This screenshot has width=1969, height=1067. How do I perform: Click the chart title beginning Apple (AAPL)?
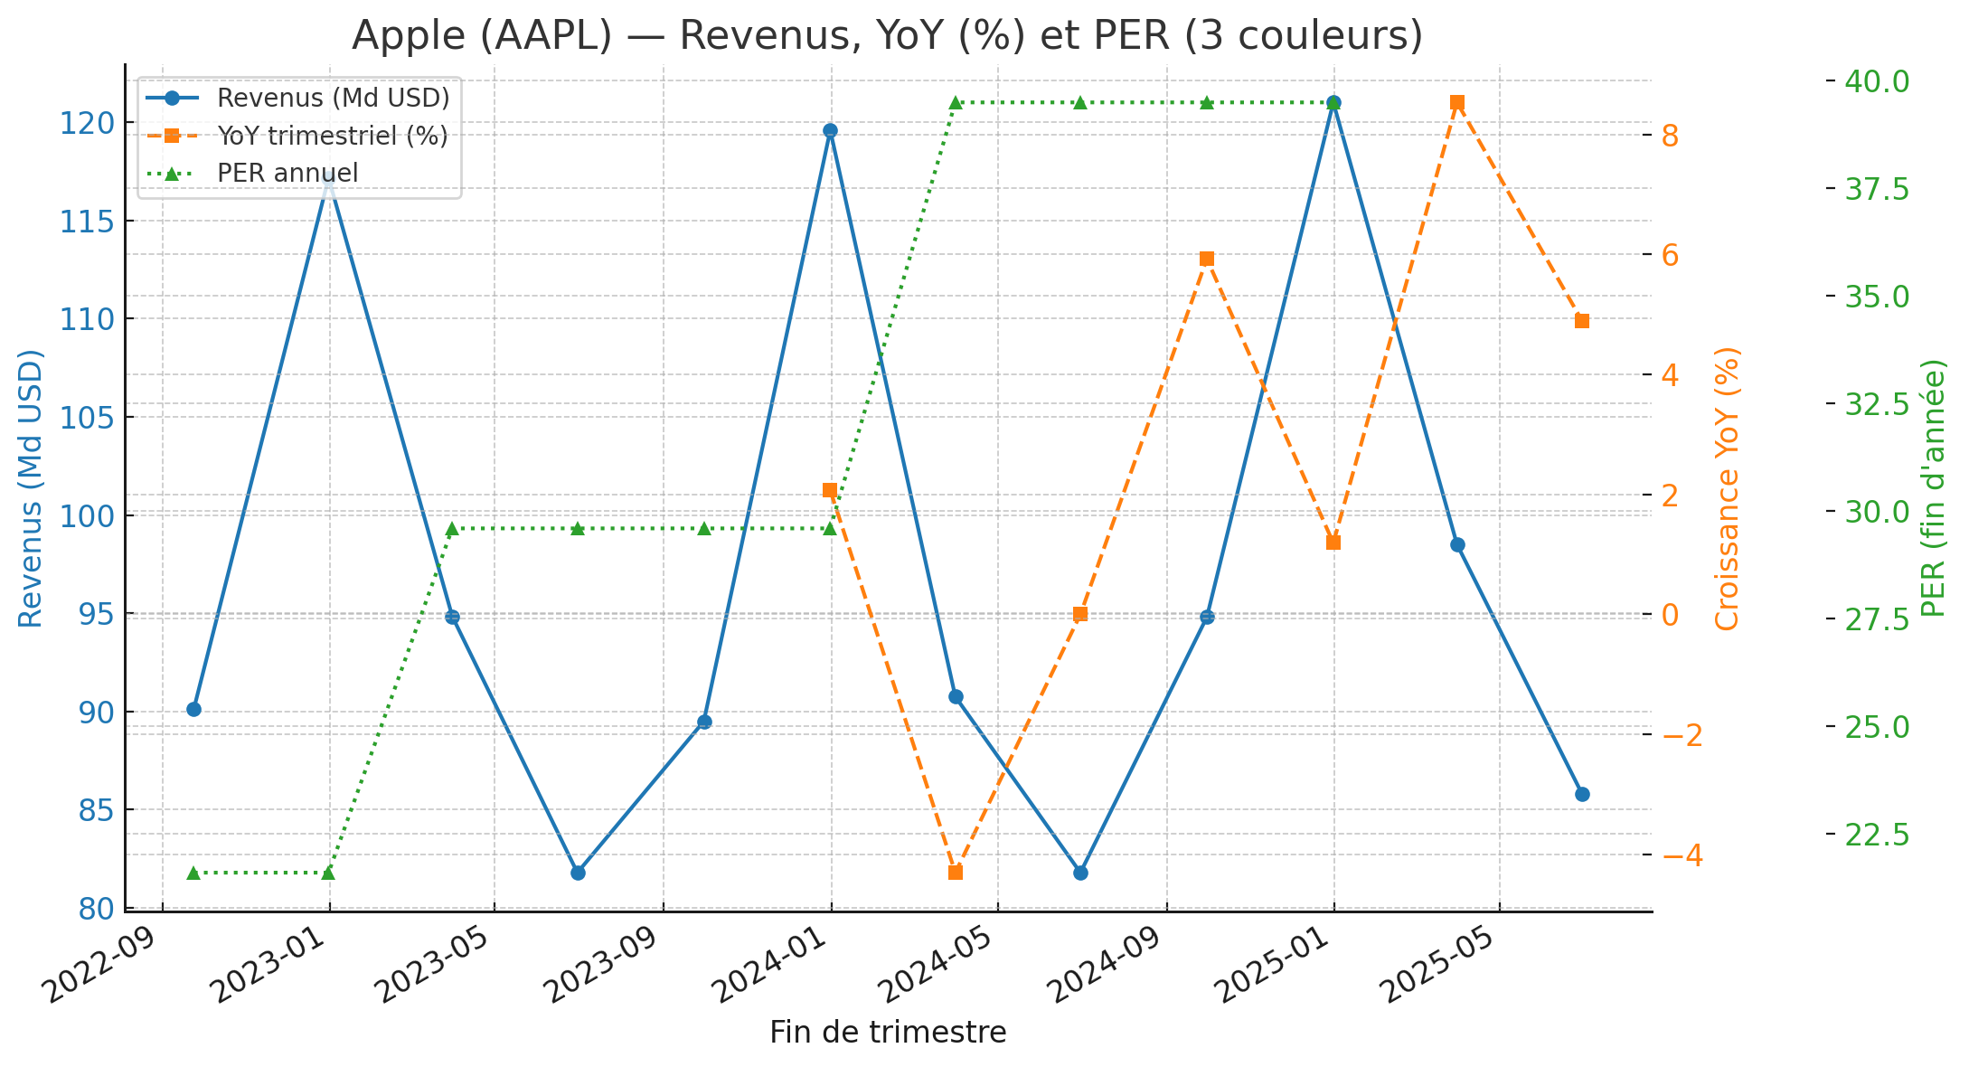[887, 36]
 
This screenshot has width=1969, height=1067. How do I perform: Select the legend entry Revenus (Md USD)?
[333, 97]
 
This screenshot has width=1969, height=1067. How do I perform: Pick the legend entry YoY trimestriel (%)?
[332, 136]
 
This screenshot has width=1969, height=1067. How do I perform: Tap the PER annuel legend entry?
[287, 173]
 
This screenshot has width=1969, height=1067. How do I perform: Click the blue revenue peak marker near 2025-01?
[1333, 103]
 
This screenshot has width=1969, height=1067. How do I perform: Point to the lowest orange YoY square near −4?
[956, 873]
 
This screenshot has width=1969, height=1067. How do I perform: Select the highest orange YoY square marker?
[1457, 103]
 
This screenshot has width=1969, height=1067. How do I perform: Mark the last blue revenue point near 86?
[1582, 794]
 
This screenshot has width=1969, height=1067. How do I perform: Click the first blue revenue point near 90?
[193, 709]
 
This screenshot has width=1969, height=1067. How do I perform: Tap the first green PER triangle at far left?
[193, 873]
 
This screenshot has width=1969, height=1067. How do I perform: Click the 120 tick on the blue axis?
[86, 123]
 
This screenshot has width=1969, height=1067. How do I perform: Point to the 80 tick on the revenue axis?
[93, 909]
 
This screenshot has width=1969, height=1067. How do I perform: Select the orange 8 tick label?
[1670, 136]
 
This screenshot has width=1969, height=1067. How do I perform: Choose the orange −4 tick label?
[1682, 855]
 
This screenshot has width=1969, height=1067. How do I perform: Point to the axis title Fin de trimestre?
[888, 1033]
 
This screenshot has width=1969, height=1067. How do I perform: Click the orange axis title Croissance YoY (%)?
[1727, 488]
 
